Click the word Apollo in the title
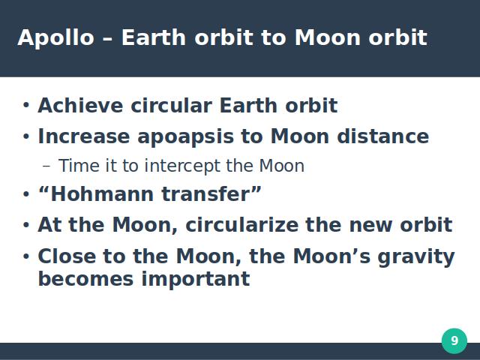point(55,38)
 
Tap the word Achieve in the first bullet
point(80,106)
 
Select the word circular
point(172,106)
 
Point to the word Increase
point(84,136)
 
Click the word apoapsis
point(186,137)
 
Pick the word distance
point(383,136)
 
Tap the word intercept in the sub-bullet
point(181,166)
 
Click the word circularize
point(241,225)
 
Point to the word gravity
point(416,257)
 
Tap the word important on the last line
point(196,280)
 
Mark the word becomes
point(86,278)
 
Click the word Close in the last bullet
point(67,256)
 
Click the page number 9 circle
point(454,340)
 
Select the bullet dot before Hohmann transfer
point(26,194)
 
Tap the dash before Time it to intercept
point(46,166)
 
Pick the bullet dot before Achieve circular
point(26,105)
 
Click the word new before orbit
point(370,226)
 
